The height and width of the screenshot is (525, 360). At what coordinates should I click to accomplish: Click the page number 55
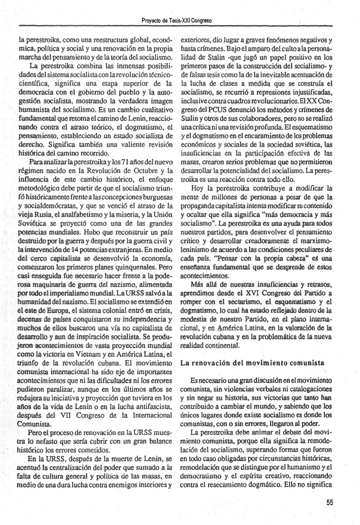[330, 503]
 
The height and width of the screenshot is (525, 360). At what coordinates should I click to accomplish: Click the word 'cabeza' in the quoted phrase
[295, 258]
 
